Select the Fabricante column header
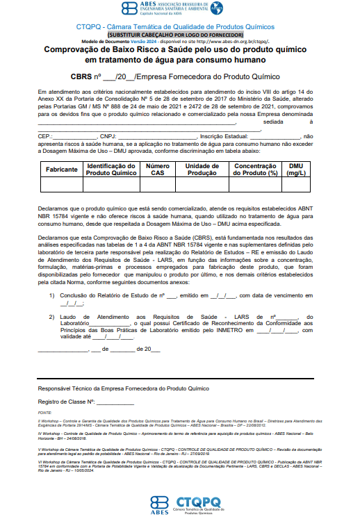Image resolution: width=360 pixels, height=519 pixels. click(61, 170)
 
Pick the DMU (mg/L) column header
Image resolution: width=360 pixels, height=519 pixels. click(296, 170)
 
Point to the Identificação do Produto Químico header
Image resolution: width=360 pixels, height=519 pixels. click(111, 170)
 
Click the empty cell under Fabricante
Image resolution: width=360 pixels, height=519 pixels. click(61, 185)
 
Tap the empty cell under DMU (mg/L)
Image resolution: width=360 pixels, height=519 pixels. click(296, 185)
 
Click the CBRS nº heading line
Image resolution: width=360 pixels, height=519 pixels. click(179, 76)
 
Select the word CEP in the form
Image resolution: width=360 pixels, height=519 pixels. click(44, 136)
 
